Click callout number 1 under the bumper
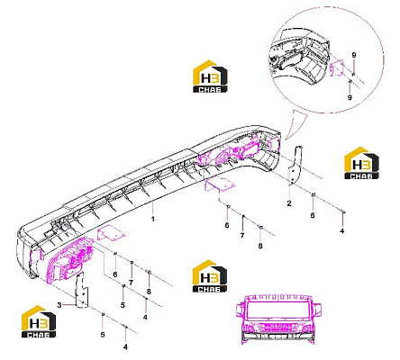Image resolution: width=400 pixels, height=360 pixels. click(x=153, y=219)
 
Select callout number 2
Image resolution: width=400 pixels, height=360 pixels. click(x=289, y=203)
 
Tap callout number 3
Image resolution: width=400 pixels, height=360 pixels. click(x=59, y=305)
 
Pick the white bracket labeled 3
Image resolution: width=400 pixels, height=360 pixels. click(x=81, y=290)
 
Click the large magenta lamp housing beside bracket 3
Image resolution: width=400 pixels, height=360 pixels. click(x=69, y=260)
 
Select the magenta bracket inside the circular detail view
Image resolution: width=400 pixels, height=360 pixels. click(x=337, y=68)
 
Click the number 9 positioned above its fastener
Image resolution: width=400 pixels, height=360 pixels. click(x=354, y=55)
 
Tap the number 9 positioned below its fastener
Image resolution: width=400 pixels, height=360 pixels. click(x=350, y=97)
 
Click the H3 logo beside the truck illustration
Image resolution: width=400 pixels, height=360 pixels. click(x=210, y=276)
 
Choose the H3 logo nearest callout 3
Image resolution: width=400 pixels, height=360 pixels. click(x=39, y=321)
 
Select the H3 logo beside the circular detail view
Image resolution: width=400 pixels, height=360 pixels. click(x=210, y=76)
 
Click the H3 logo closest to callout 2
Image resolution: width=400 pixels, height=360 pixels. click(x=361, y=163)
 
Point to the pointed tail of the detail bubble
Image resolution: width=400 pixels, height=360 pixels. click(x=286, y=139)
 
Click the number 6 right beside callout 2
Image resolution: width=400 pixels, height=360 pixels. click(x=313, y=215)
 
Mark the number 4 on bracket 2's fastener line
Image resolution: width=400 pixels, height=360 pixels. click(x=341, y=231)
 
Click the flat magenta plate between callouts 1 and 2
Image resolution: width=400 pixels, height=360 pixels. click(x=219, y=184)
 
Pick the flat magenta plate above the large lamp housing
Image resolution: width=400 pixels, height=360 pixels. click(x=111, y=234)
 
